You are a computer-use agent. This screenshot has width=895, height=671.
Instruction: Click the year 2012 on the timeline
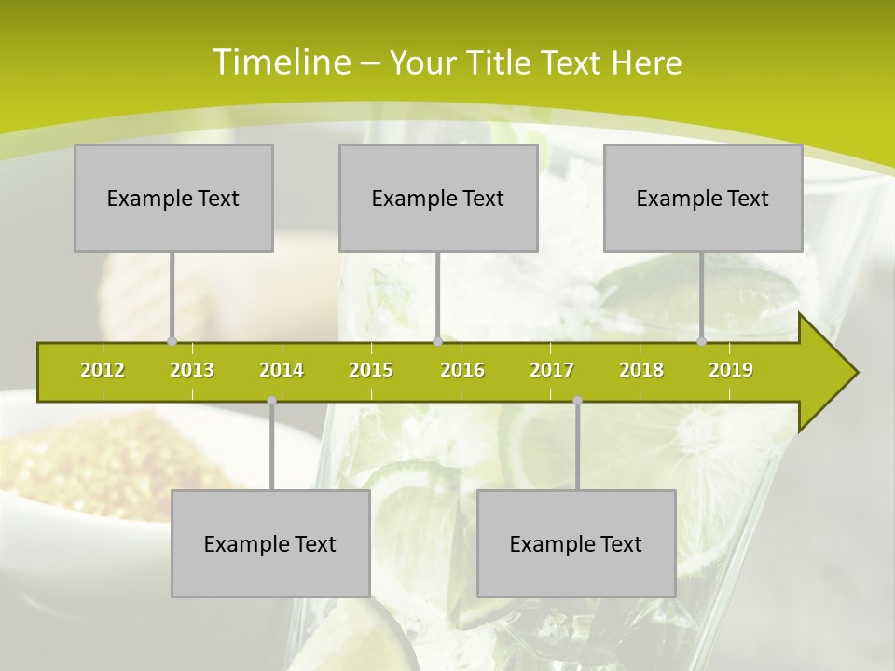click(x=103, y=370)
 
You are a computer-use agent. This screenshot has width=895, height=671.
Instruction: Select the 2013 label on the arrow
click(x=192, y=370)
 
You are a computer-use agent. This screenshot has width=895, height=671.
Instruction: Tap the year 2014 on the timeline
click(x=282, y=370)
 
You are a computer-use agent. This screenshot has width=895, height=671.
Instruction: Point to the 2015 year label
click(x=371, y=370)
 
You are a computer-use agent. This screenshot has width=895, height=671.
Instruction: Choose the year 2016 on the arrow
click(x=462, y=370)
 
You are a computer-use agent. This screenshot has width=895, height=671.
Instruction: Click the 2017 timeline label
click(x=552, y=370)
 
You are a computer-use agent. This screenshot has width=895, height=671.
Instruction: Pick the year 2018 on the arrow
click(x=641, y=370)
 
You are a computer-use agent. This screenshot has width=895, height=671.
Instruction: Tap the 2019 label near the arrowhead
click(x=731, y=370)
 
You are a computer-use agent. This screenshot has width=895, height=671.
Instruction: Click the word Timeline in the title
click(x=280, y=62)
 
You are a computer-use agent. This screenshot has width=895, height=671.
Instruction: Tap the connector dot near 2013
click(x=172, y=341)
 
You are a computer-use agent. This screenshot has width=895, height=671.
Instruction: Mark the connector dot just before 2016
click(x=437, y=341)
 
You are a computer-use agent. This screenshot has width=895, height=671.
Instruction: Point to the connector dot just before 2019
click(x=702, y=341)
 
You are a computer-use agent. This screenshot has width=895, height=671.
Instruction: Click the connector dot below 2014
click(x=271, y=401)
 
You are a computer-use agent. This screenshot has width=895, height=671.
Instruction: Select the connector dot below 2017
click(x=577, y=401)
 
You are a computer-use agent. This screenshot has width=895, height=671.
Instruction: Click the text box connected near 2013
click(x=173, y=198)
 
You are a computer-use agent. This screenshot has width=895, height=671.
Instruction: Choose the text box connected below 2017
click(x=576, y=543)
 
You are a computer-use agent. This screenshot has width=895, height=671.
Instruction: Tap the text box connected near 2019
click(x=703, y=198)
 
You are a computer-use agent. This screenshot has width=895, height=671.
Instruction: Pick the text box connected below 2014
click(x=270, y=543)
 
